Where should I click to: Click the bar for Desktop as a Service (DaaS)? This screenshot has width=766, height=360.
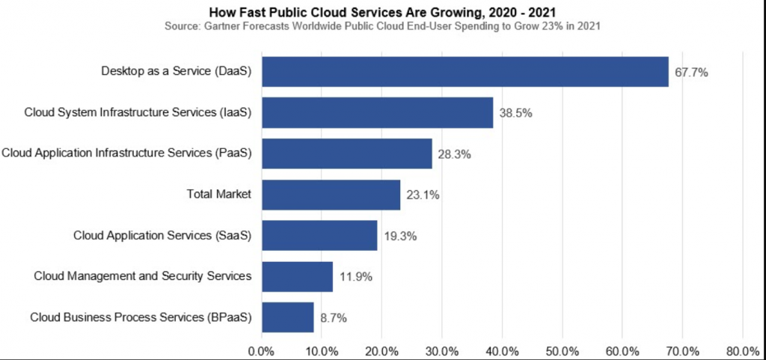click(465, 72)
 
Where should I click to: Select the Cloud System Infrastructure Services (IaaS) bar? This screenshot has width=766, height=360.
click(377, 113)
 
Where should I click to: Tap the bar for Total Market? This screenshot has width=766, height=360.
click(331, 195)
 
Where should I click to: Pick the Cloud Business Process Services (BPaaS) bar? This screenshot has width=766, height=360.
click(287, 317)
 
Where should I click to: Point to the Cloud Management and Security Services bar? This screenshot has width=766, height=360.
click(297, 276)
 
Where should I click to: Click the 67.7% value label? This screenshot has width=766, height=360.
click(691, 73)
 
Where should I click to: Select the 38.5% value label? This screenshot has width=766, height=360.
click(515, 114)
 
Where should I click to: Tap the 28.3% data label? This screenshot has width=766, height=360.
click(455, 155)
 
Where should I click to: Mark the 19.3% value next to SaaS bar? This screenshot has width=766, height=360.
click(399, 236)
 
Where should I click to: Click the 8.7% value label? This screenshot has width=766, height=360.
click(333, 317)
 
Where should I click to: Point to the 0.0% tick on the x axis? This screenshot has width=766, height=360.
click(261, 350)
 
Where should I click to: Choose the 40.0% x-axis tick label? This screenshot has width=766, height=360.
click(502, 350)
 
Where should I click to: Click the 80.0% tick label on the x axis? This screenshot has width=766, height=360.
click(742, 350)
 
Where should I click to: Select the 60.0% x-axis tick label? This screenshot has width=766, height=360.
click(622, 350)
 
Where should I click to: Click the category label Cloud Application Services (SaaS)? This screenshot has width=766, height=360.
click(162, 235)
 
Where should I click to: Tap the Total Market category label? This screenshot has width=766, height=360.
click(218, 195)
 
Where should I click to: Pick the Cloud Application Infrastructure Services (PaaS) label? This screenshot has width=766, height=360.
click(126, 153)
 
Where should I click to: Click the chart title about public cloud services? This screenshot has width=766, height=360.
click(382, 12)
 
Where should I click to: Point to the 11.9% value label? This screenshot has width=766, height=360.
click(355, 277)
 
